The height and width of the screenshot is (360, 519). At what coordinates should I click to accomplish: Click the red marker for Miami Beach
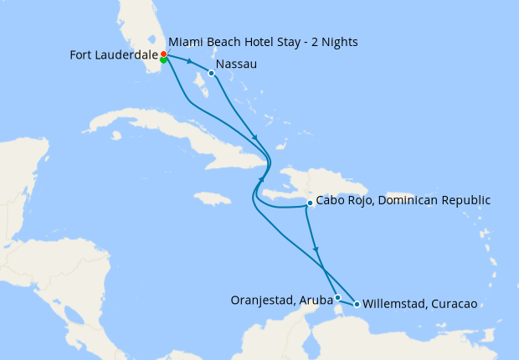[x=163, y=54]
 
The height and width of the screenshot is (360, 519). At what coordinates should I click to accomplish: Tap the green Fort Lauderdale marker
[x=163, y=60]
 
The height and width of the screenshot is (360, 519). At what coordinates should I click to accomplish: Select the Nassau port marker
[x=211, y=74]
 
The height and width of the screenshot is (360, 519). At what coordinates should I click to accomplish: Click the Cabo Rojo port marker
[x=310, y=203]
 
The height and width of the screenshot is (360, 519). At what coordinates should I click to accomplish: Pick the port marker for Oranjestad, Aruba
[x=337, y=297]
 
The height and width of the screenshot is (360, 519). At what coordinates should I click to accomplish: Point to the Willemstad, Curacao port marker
[x=357, y=304]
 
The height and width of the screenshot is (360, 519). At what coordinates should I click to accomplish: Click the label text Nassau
[x=236, y=64]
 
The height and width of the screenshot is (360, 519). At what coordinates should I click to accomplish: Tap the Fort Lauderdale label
[x=114, y=56]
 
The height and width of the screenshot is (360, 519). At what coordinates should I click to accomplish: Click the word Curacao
[x=452, y=304]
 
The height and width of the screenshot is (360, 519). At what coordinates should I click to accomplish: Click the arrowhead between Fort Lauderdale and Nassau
[x=191, y=62]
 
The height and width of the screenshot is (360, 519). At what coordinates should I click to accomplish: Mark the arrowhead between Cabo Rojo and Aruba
[x=316, y=249]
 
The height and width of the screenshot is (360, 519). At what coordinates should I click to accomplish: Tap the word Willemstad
[x=395, y=304]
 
